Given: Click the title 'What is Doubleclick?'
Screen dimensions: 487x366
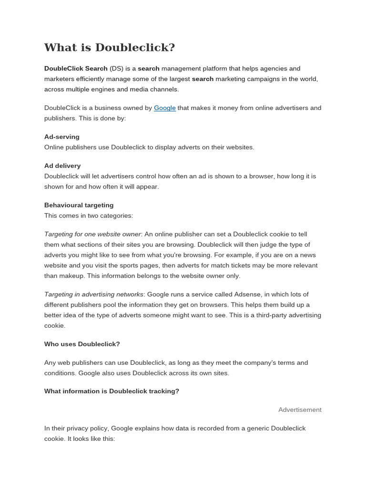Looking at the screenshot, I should (110, 48).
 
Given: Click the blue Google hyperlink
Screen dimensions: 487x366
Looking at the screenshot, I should (165, 108).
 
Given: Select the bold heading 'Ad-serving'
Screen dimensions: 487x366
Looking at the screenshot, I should (62, 137).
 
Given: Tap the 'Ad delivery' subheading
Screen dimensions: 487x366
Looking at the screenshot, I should (62, 166).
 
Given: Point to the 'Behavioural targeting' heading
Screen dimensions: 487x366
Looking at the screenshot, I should (79, 205).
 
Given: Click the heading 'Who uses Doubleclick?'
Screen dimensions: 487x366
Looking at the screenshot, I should (82, 344).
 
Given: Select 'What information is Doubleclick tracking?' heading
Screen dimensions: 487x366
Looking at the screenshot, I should (112, 391).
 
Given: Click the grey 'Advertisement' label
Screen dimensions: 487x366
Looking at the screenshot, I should (300, 410).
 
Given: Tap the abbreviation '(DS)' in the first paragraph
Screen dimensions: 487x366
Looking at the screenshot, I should (116, 68).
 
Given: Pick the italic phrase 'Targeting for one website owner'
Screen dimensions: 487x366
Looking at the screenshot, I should (92, 234).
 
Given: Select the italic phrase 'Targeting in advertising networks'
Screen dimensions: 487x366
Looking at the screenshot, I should (94, 294).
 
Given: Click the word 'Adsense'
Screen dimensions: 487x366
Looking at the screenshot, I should (249, 294).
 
